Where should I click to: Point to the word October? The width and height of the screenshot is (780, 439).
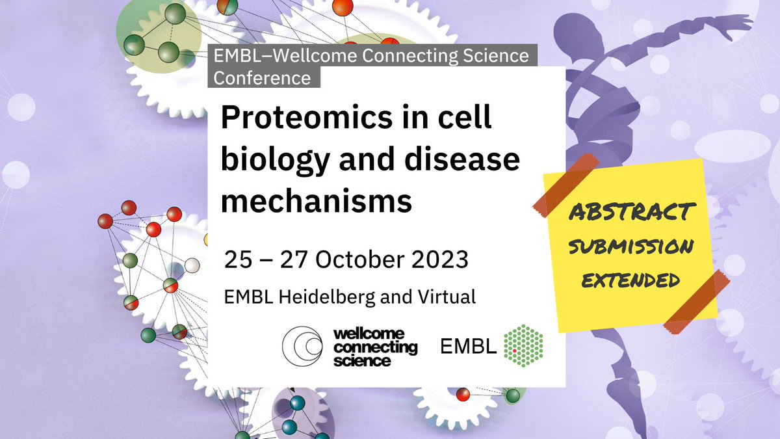coord(344,259)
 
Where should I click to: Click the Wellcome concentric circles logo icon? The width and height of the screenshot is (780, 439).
coord(303,345)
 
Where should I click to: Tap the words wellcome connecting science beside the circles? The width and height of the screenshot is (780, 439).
coord(374,346)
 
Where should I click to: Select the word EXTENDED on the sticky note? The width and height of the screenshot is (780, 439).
coord(629,280)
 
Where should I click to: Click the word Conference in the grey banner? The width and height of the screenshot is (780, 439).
coord(263,77)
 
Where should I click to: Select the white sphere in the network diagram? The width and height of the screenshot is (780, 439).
coord(192,265)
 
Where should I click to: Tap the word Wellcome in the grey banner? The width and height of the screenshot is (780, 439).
coord(298,57)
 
